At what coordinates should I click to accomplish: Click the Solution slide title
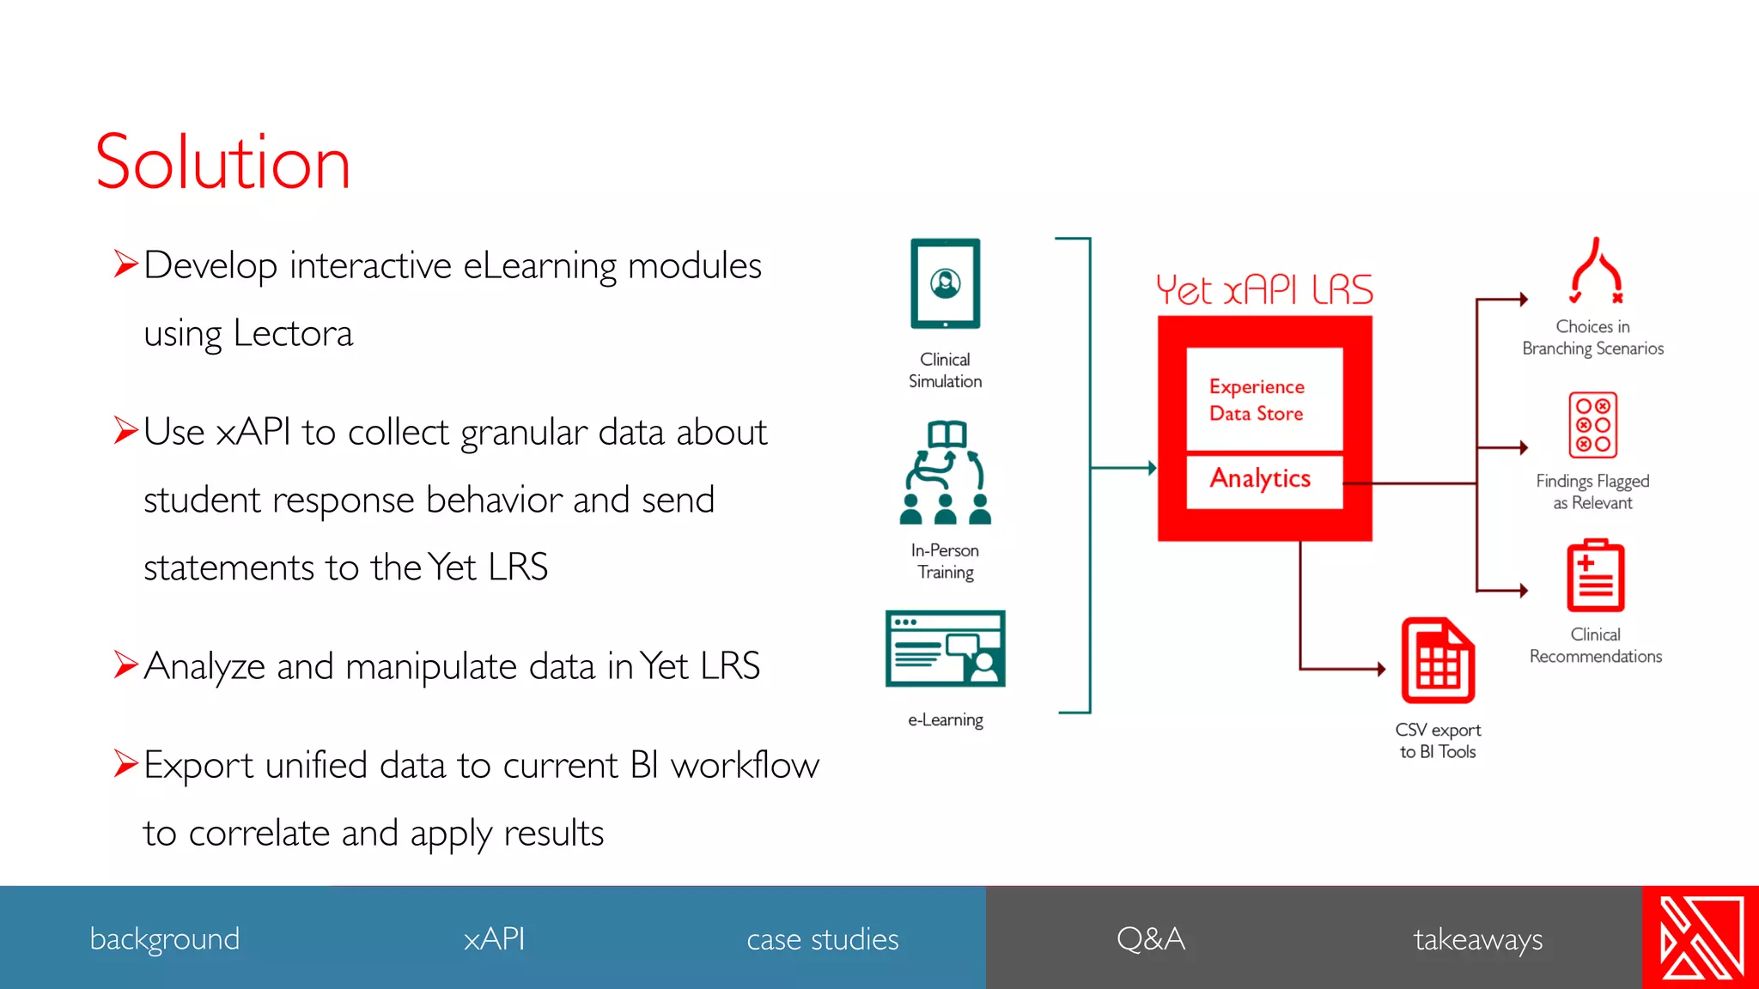[222, 162]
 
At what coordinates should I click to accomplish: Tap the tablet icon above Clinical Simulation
[945, 283]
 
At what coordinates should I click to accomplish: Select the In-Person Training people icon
[945, 473]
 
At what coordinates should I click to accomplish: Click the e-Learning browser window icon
[945, 648]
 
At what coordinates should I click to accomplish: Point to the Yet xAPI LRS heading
[1263, 290]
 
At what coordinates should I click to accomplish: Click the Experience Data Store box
[1263, 399]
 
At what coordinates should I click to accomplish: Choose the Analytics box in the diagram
[1260, 479]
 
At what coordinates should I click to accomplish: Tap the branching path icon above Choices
[1596, 271]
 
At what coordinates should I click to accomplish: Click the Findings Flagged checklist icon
[1592, 425]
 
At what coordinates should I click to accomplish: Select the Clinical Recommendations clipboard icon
[1595, 576]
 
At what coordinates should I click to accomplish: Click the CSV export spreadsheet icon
[1438, 661]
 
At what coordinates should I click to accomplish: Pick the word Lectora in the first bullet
[293, 333]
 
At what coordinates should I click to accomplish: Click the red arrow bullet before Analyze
[125, 664]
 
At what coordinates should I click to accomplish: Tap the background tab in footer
[164, 938]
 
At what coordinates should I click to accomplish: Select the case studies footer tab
[822, 938]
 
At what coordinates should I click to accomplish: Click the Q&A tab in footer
[1150, 938]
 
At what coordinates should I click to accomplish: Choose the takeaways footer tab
[1477, 938]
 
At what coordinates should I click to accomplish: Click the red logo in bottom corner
[1701, 937]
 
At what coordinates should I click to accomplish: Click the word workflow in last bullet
[745, 765]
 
